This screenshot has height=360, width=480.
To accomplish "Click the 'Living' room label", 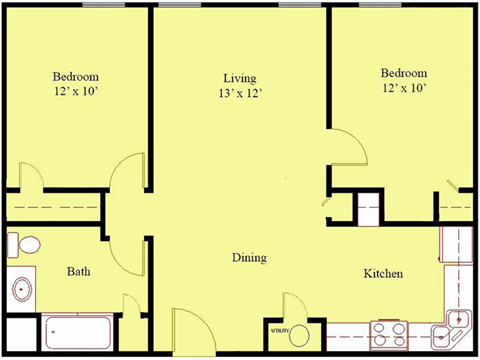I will pyautogui.click(x=240, y=78).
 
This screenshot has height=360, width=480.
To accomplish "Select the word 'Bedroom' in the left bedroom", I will pyautogui.click(x=76, y=77).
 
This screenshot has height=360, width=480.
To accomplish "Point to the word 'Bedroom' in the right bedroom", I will pyautogui.click(x=404, y=73).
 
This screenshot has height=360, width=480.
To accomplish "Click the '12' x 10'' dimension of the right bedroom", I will pyautogui.click(x=404, y=90).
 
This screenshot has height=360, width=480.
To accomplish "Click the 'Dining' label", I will pyautogui.click(x=249, y=258).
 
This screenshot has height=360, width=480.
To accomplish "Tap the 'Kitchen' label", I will pyautogui.click(x=383, y=272).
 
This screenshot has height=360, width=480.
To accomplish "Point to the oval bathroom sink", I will pyautogui.click(x=21, y=290).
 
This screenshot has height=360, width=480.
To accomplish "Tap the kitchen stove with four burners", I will pyautogui.click(x=388, y=332).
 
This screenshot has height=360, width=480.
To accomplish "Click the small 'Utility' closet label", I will pyautogui.click(x=278, y=329).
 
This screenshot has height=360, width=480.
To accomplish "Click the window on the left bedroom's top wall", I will pyautogui.click(x=96, y=5).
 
